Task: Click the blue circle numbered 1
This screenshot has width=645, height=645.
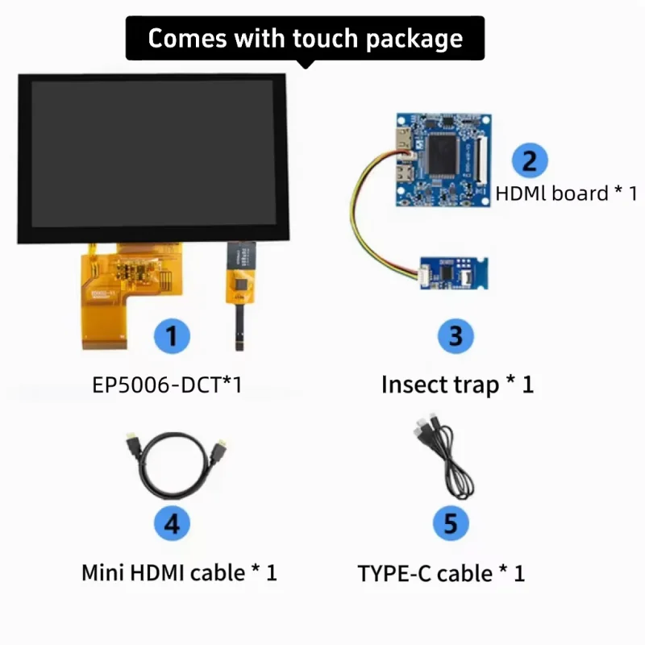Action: (x=172, y=336)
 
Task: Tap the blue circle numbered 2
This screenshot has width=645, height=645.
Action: (x=530, y=160)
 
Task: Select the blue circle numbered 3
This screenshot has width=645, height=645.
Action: (x=456, y=336)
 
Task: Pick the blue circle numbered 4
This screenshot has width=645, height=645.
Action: (x=172, y=523)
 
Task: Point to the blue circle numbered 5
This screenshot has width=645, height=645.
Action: (x=451, y=523)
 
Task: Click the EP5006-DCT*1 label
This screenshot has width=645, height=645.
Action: (x=167, y=385)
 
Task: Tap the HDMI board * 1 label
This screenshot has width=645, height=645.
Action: (x=567, y=193)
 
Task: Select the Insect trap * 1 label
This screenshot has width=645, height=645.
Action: (x=457, y=385)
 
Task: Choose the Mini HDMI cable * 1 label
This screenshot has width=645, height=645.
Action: (x=179, y=572)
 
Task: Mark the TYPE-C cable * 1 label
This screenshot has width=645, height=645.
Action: (x=441, y=573)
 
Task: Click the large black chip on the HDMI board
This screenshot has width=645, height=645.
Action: (x=443, y=154)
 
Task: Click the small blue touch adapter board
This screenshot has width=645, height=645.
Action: (x=454, y=273)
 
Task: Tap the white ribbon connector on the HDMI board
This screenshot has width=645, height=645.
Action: (x=481, y=160)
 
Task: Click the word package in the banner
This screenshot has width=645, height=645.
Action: (x=414, y=40)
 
